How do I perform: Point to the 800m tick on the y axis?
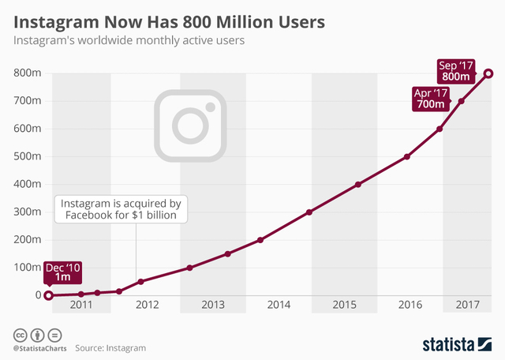(x=28, y=73)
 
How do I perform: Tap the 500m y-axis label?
(x=28, y=156)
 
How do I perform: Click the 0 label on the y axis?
(x=37, y=295)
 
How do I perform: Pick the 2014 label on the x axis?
(x=278, y=305)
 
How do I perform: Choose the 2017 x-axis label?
(x=468, y=305)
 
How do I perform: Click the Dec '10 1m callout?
(x=62, y=272)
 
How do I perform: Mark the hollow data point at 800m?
(x=489, y=73)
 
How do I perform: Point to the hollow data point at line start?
(x=48, y=295)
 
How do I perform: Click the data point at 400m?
(x=358, y=184)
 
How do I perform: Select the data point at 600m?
(x=440, y=129)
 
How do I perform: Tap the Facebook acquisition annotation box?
(x=121, y=209)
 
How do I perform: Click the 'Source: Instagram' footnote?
(x=110, y=347)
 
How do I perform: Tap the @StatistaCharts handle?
(x=39, y=347)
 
